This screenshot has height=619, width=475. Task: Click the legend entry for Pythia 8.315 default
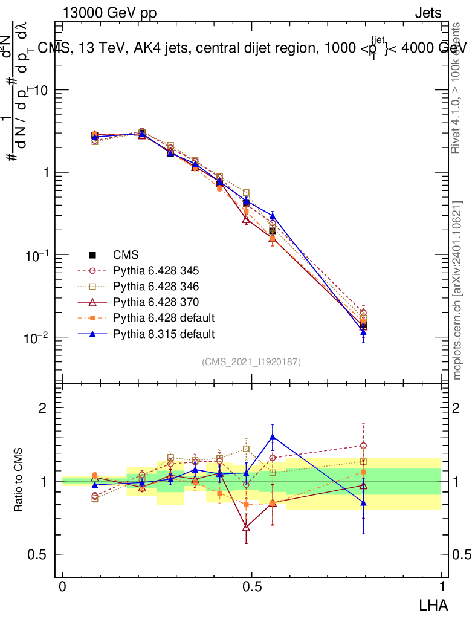tap(164, 333)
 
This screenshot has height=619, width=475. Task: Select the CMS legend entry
tap(126, 254)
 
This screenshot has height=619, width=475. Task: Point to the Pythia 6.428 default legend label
tap(164, 317)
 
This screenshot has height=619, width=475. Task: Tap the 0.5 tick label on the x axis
tap(251, 587)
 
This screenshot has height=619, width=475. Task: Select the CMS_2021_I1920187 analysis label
tap(251, 361)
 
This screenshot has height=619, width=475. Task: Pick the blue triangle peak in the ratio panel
tap(273, 437)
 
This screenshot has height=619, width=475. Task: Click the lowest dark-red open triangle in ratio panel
tap(246, 528)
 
